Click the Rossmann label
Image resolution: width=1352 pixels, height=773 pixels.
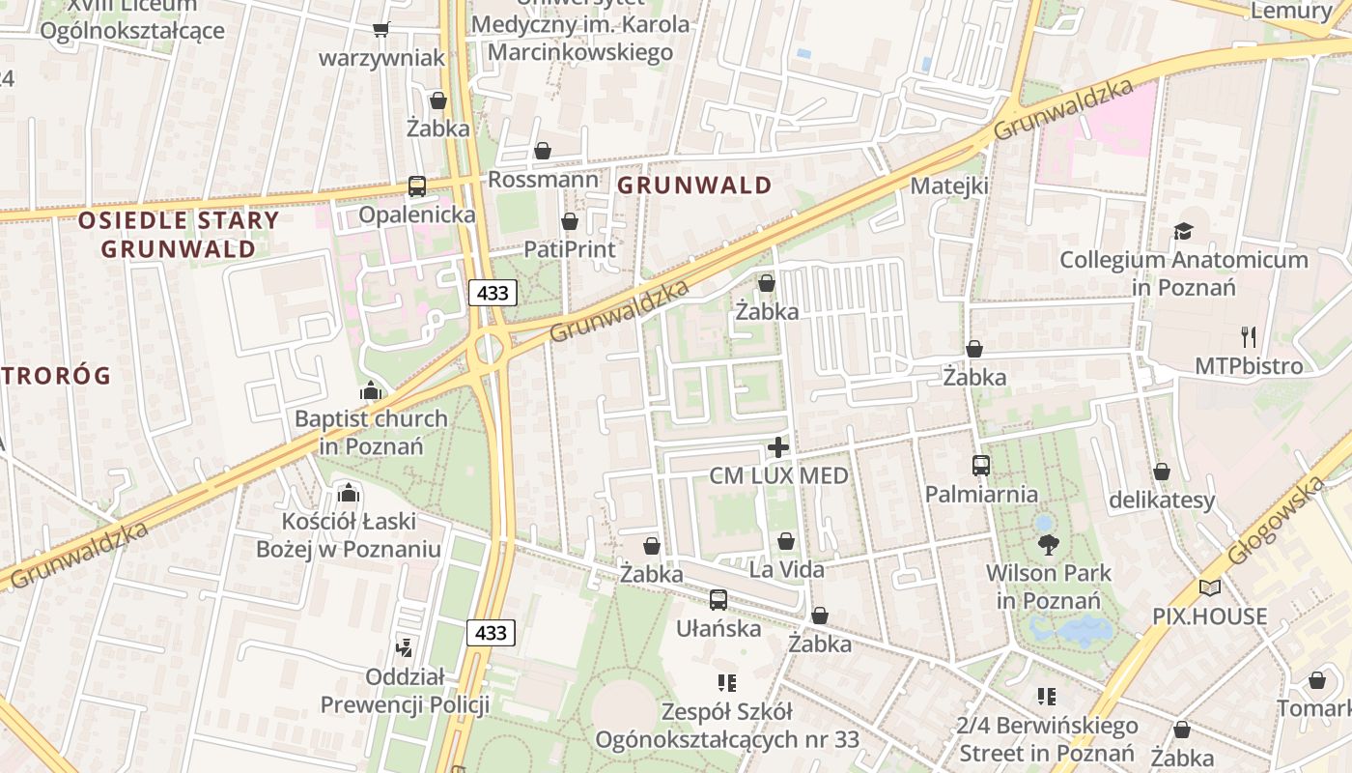click(543, 180)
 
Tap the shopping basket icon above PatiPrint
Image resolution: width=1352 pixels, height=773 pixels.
click(570, 222)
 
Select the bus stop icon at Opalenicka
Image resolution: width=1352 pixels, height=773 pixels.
click(417, 186)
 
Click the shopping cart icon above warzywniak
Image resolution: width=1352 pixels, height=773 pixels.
click(381, 30)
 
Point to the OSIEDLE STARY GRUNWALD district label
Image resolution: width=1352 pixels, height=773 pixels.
click(179, 234)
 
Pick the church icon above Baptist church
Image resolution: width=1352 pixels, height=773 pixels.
click(370, 391)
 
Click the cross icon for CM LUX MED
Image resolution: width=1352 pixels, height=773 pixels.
click(777, 447)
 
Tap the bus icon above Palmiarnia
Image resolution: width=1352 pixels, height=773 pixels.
click(981, 466)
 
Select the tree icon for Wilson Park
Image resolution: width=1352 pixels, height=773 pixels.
click(1048, 545)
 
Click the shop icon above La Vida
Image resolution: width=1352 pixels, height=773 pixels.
click(786, 541)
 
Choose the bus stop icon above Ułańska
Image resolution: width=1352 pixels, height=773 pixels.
click(718, 600)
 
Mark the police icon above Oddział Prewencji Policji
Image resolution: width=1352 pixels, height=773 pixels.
click(405, 647)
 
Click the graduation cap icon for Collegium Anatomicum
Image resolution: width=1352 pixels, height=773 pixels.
click(1183, 231)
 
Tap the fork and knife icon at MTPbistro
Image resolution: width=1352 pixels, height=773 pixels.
click(1249, 337)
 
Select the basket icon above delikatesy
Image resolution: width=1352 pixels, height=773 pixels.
click(1162, 472)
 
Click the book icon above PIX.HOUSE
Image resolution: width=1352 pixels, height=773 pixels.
click(1209, 587)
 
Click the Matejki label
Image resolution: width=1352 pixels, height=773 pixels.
click(950, 186)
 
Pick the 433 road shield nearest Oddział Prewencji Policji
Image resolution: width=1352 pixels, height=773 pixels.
click(492, 633)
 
